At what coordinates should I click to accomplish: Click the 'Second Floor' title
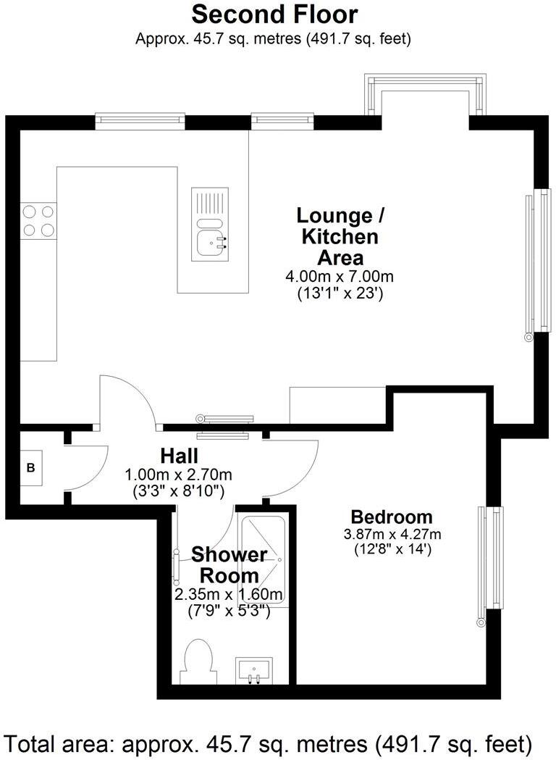[x=274, y=14]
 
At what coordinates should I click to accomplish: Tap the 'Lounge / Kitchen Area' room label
[x=340, y=236]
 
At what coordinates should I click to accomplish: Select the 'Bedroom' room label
[x=392, y=517]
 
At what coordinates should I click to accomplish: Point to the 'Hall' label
[x=180, y=456]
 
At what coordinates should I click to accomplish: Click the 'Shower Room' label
[x=229, y=566]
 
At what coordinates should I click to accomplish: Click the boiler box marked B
[x=31, y=468]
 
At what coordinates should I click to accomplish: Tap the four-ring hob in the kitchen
[x=39, y=221]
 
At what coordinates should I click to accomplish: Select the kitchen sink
[x=211, y=239]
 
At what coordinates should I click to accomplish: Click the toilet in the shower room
[x=197, y=661]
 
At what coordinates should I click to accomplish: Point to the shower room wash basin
[x=253, y=670]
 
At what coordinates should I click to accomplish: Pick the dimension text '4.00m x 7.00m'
[x=340, y=277]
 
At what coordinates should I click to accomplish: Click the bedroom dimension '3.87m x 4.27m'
[x=392, y=535]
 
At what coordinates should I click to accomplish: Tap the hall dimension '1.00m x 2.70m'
[x=179, y=475]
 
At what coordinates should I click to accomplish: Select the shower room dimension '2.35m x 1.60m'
[x=229, y=595]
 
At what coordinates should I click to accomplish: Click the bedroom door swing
[x=293, y=467]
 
